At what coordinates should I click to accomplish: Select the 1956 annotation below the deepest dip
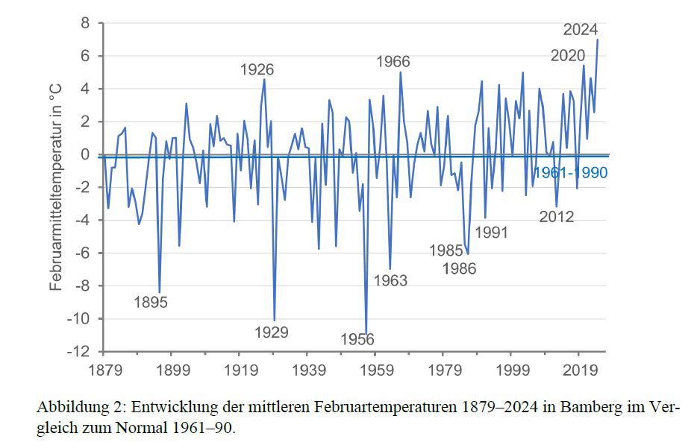tap(357, 340)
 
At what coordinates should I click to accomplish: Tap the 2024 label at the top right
tap(581, 30)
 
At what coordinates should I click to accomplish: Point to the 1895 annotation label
tap(151, 303)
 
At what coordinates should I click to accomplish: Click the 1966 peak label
tap(393, 62)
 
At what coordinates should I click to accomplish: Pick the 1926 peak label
tap(257, 70)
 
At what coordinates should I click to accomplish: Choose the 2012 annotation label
tap(557, 217)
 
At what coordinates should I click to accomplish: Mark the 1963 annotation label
tap(390, 280)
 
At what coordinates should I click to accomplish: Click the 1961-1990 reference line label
tap(571, 172)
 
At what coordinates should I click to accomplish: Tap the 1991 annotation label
tap(491, 233)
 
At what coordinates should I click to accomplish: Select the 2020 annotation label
tap(568, 56)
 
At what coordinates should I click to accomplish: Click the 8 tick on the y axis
tap(85, 24)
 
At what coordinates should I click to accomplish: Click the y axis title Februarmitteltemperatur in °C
tap(56, 187)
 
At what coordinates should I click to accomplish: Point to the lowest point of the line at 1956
tap(366, 332)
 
